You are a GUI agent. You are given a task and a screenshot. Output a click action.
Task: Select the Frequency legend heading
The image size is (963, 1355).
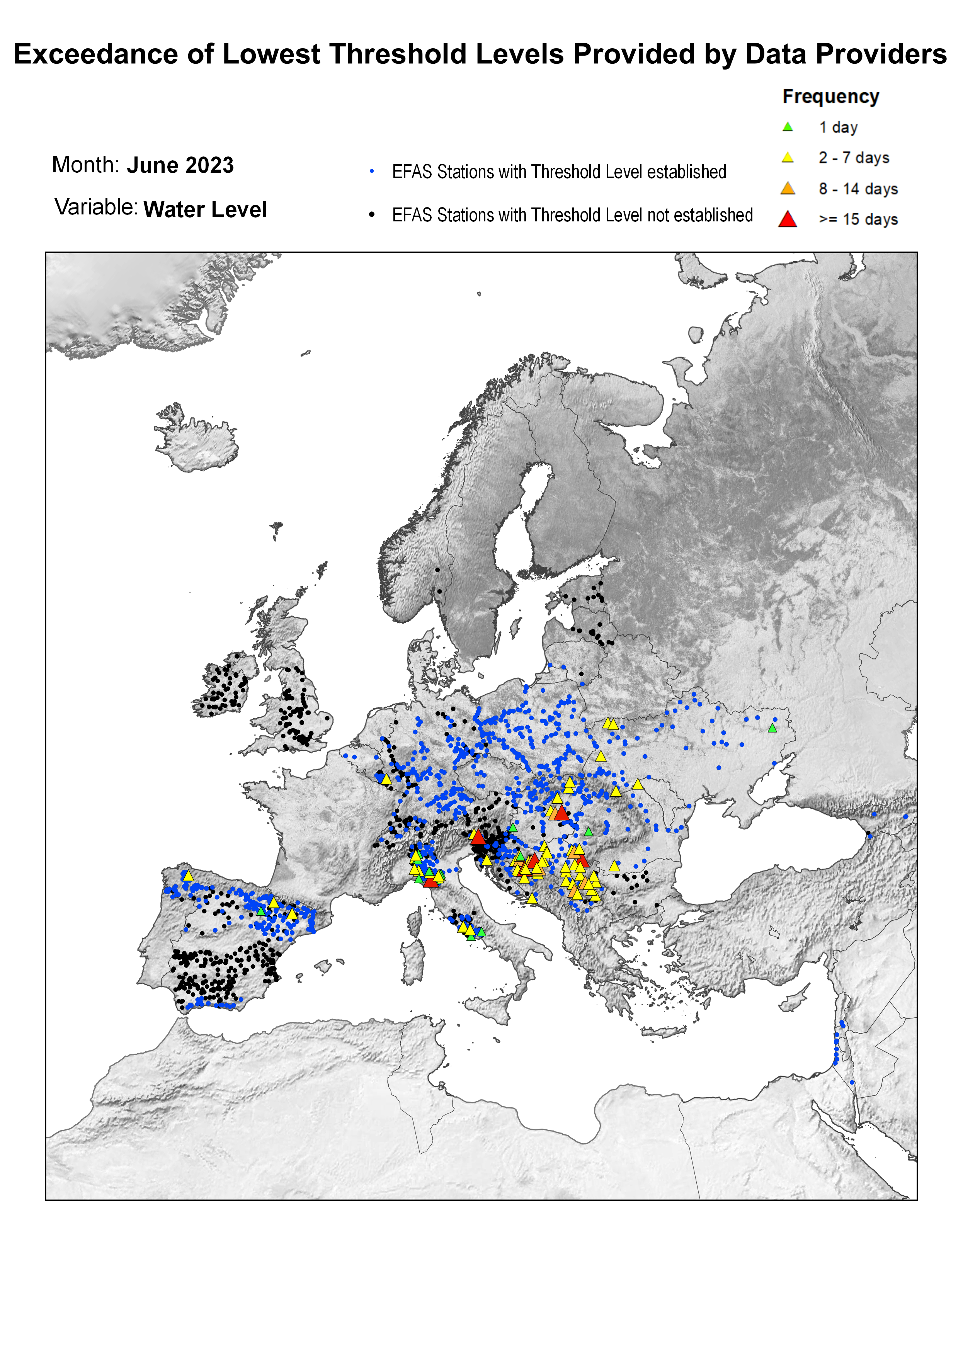click(x=830, y=97)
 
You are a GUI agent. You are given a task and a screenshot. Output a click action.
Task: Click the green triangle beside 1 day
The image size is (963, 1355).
click(x=788, y=127)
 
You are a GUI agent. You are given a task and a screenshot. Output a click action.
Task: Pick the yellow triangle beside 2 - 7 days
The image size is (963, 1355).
click(x=788, y=158)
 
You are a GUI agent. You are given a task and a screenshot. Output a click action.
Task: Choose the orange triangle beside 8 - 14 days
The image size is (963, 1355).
click(x=788, y=189)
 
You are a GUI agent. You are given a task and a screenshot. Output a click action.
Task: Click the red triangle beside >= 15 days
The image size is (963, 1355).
click(x=788, y=219)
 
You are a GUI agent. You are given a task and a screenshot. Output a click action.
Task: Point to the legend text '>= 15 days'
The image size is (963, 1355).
click(x=858, y=219)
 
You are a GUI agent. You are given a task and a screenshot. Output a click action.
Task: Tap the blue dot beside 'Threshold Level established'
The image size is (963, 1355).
click(x=372, y=172)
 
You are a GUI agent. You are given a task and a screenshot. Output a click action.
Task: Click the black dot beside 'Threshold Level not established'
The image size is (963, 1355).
click(x=372, y=214)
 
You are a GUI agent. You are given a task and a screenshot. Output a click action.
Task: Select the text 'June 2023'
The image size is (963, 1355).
click(x=180, y=165)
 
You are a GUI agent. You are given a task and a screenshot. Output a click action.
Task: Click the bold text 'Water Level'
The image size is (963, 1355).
click(x=205, y=209)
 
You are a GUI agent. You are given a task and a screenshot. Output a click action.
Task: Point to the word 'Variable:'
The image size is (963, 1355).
click(x=96, y=207)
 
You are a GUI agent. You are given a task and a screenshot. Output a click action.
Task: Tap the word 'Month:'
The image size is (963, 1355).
click(x=86, y=165)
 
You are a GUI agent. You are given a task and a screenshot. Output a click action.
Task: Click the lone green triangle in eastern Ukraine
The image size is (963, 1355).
click(x=772, y=728)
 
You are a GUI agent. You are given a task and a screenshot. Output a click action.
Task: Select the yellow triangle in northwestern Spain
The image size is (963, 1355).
click(x=188, y=876)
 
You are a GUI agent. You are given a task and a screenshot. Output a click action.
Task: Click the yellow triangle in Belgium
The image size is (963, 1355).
click(x=386, y=779)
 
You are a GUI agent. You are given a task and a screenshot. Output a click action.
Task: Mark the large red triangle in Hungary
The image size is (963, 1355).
click(x=561, y=813)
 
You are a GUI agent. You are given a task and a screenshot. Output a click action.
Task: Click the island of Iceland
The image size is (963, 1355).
click(x=196, y=440)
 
